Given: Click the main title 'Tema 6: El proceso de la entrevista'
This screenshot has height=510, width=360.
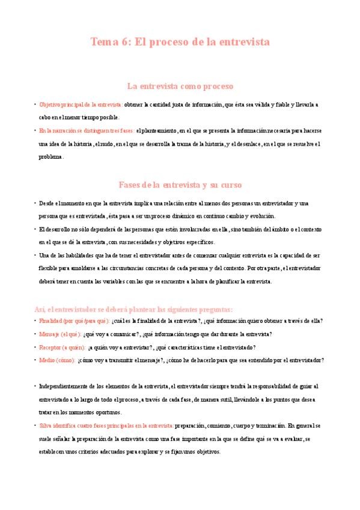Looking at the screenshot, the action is (180, 42).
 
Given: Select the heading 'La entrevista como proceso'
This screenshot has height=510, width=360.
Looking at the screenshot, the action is (180, 86).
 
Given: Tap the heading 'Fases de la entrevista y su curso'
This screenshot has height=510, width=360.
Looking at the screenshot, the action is (180, 184).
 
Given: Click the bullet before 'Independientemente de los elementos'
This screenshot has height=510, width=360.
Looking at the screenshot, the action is (34, 386).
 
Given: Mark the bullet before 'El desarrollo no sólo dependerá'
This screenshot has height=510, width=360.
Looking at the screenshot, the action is (34, 229).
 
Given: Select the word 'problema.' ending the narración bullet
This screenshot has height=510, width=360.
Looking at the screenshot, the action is (50, 157).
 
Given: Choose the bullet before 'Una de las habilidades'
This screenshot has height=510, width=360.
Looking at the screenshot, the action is (34, 256).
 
